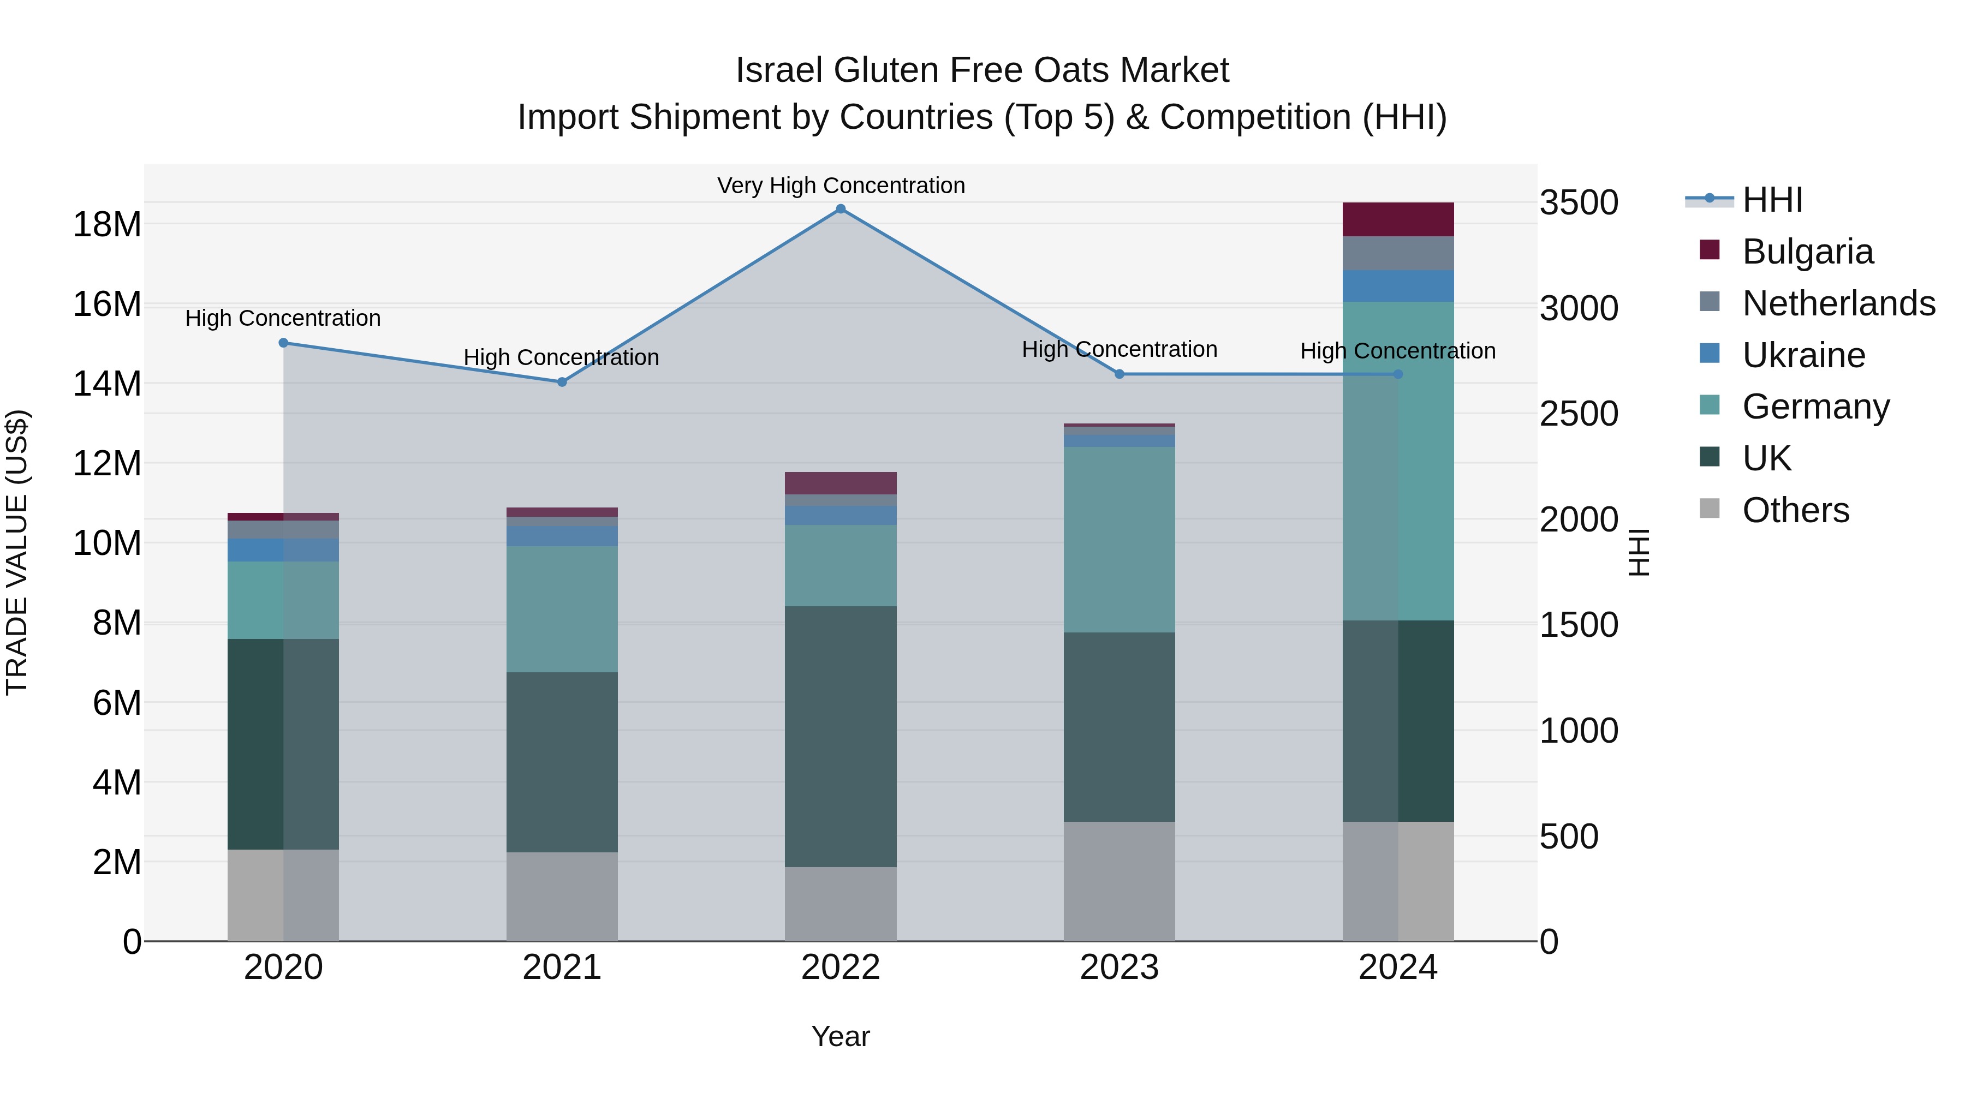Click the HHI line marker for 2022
point(841,209)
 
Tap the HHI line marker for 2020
point(284,343)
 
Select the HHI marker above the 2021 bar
point(562,382)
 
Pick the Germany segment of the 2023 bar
point(1119,539)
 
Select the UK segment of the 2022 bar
point(841,736)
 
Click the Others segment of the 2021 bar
point(562,896)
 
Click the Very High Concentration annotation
point(841,186)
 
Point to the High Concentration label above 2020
point(283,319)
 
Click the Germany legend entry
point(1815,407)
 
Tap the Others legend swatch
point(1710,509)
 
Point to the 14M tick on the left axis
point(107,384)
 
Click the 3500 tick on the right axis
point(1578,203)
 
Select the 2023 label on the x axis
point(1119,967)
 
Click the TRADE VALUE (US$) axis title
point(17,552)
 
